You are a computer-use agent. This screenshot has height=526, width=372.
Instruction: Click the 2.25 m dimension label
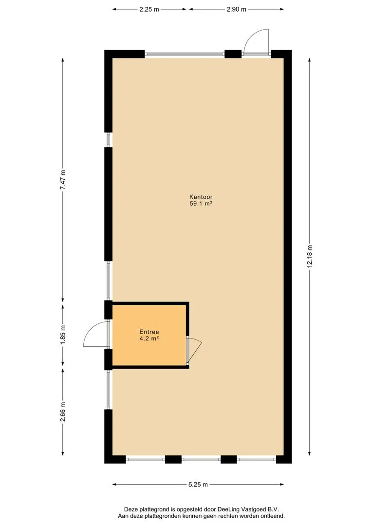click(x=149, y=9)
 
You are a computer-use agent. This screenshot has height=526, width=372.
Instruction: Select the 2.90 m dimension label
click(x=237, y=9)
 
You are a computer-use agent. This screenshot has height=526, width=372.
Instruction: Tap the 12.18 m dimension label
click(x=309, y=256)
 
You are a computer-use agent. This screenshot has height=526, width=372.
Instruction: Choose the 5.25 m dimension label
click(x=198, y=485)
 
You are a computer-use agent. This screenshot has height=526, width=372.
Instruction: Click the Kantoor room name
click(x=201, y=197)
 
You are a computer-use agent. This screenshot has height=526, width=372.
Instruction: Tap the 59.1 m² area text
click(x=201, y=203)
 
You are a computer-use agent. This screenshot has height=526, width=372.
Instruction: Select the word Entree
click(x=149, y=332)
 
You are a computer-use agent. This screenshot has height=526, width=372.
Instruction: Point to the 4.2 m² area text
click(x=149, y=338)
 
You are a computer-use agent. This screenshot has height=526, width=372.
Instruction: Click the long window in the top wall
click(x=185, y=54)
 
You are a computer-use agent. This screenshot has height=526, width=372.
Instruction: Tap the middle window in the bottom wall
click(x=201, y=459)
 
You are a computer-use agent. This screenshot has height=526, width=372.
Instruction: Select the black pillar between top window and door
click(x=233, y=54)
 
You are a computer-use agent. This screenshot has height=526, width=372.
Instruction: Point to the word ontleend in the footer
click(x=273, y=516)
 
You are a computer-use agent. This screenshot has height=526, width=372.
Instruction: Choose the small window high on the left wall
click(x=109, y=140)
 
